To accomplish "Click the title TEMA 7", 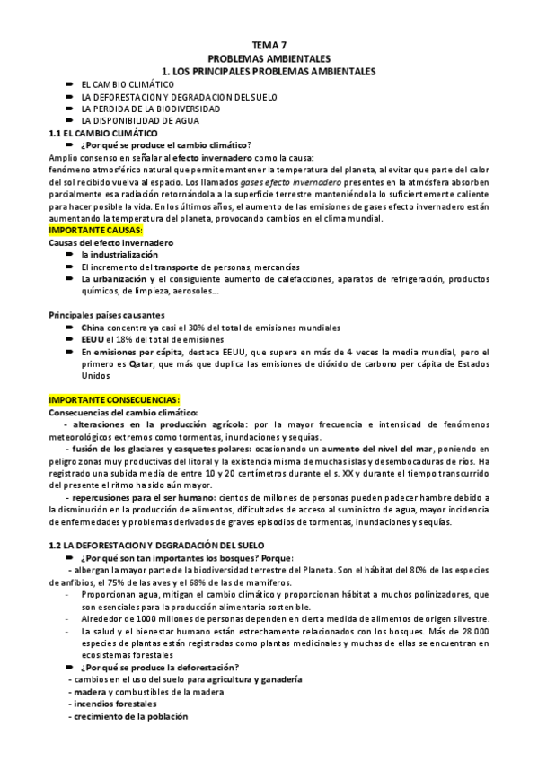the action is coord(269,44).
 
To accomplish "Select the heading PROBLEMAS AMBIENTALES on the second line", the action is coord(269,57).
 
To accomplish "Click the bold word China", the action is coord(93,328).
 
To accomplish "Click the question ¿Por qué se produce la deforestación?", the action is coord(159,666).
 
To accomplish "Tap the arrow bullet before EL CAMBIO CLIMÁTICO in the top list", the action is coord(68,83).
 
